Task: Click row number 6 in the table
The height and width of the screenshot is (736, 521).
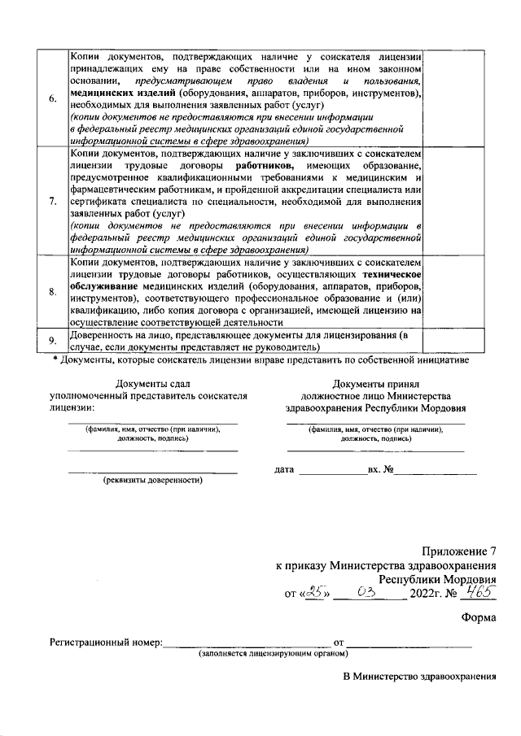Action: pyautogui.click(x=53, y=98)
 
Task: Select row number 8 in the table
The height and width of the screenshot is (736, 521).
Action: pyautogui.click(x=53, y=291)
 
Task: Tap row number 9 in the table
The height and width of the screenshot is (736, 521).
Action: pyautogui.click(x=53, y=341)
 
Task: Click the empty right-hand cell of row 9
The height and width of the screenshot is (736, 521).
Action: pyautogui.click(x=456, y=341)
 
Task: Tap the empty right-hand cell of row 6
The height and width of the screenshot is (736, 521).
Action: pyautogui.click(x=456, y=98)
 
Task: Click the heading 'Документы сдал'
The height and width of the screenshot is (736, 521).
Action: pyautogui.click(x=152, y=382)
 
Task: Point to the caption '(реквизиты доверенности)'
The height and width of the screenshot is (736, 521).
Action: pyautogui.click(x=152, y=480)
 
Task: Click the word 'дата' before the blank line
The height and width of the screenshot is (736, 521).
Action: pyautogui.click(x=285, y=470)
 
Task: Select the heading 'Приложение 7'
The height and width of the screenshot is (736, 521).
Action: pyautogui.click(x=458, y=551)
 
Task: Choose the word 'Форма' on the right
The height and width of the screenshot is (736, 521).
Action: pyautogui.click(x=478, y=616)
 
